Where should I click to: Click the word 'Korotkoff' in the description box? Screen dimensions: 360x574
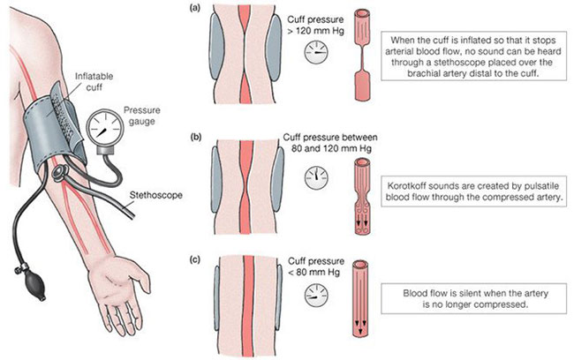pyautogui.click(x=411, y=186)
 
